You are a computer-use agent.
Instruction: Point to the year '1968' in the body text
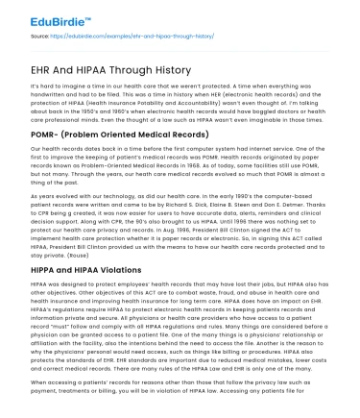pyautogui.click(x=174, y=164)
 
